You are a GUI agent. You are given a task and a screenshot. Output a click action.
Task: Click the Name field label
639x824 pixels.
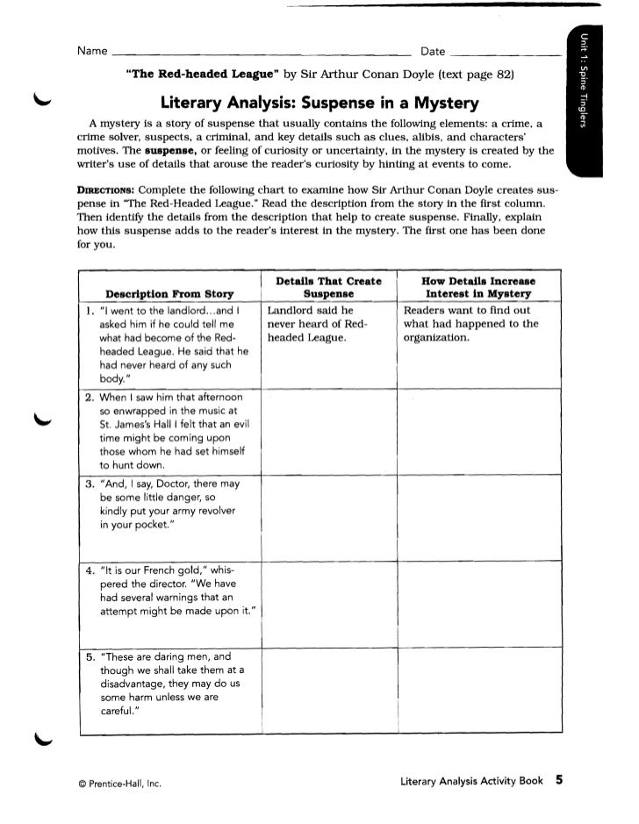(92, 53)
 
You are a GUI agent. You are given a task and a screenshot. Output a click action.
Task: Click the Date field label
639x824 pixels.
(433, 53)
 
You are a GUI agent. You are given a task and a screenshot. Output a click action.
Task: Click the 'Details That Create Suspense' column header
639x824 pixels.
(328, 287)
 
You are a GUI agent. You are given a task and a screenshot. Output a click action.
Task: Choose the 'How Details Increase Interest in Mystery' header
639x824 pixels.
(474, 287)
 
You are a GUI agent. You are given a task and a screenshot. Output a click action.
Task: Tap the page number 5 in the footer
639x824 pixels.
(558, 778)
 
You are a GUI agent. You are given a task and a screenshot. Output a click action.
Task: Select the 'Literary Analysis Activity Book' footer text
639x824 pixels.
(470, 779)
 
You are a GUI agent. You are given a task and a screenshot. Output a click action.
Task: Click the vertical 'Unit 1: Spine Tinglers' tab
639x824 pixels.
(582, 79)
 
